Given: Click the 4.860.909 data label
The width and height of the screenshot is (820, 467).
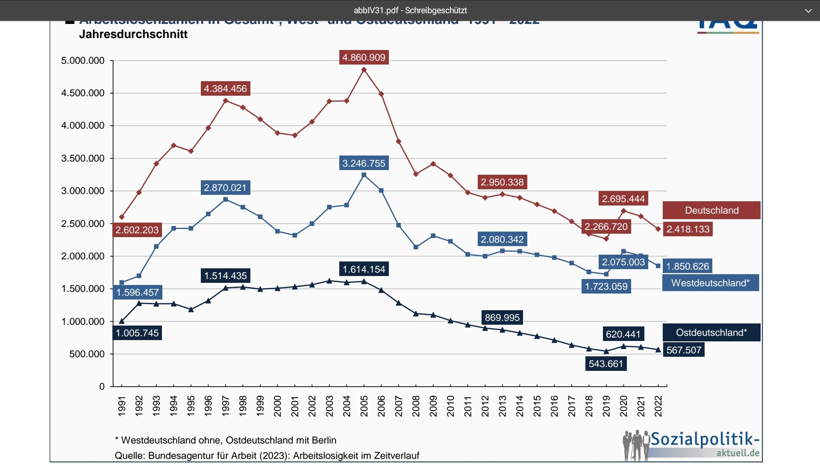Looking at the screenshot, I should [364, 57].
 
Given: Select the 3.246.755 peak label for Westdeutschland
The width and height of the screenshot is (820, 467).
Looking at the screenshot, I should [364, 163].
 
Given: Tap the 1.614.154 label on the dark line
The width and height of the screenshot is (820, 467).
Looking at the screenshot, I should [364, 269].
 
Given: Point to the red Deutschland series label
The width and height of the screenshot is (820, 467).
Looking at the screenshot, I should [711, 210].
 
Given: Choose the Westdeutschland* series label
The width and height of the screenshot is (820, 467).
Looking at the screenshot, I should [710, 283].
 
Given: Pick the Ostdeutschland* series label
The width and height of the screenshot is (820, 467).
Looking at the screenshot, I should [711, 332].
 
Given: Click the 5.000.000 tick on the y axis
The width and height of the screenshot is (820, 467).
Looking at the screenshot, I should [83, 61].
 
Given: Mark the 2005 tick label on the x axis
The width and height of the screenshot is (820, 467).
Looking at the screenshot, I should [364, 405].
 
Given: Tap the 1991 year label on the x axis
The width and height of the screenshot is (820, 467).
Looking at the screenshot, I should [122, 405].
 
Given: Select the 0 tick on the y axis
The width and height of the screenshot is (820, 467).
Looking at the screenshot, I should [102, 387].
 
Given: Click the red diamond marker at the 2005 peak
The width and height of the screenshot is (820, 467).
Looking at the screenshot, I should [364, 70].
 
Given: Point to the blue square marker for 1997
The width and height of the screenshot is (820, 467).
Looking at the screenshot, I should [226, 200].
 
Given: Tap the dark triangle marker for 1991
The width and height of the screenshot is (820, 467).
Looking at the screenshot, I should [122, 321].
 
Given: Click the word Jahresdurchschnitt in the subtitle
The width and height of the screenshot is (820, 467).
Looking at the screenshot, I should [133, 34].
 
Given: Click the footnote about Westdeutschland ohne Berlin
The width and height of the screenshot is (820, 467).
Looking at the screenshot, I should [226, 440].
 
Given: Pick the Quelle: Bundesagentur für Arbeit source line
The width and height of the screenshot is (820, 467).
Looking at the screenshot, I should [267, 455].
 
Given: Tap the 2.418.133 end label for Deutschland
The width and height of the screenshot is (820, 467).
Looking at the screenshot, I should [688, 229].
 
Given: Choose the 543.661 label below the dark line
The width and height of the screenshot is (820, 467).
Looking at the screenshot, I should [605, 364].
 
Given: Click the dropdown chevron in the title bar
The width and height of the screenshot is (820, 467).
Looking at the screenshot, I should [808, 11].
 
